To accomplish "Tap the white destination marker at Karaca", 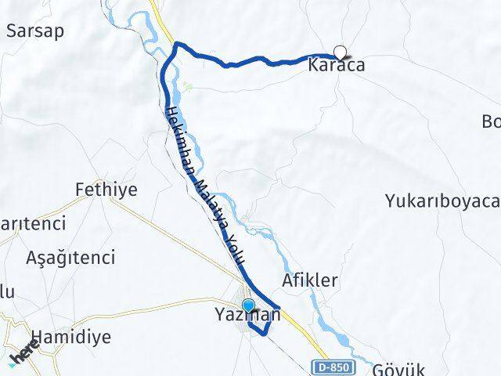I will click(x=340, y=52).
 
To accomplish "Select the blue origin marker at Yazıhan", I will click(x=248, y=305).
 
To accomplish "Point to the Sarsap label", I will click(x=34, y=31).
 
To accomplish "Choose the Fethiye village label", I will click(x=106, y=189).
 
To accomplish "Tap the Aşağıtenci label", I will click(x=70, y=257).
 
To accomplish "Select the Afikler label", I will click(x=309, y=280).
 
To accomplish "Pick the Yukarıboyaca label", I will click(x=442, y=201).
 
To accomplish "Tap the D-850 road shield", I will click(x=334, y=367).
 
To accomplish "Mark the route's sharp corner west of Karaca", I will click(x=176, y=44).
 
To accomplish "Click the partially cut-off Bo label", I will click(x=492, y=122).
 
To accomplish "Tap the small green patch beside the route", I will click(x=187, y=85).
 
